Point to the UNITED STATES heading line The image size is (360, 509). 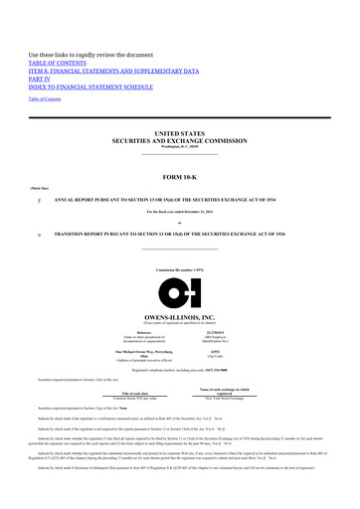[x=180, y=132]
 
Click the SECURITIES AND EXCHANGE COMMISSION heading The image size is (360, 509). [x=180, y=140]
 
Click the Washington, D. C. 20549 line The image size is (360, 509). [x=180, y=147]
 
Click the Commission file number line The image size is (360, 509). [x=180, y=271]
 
